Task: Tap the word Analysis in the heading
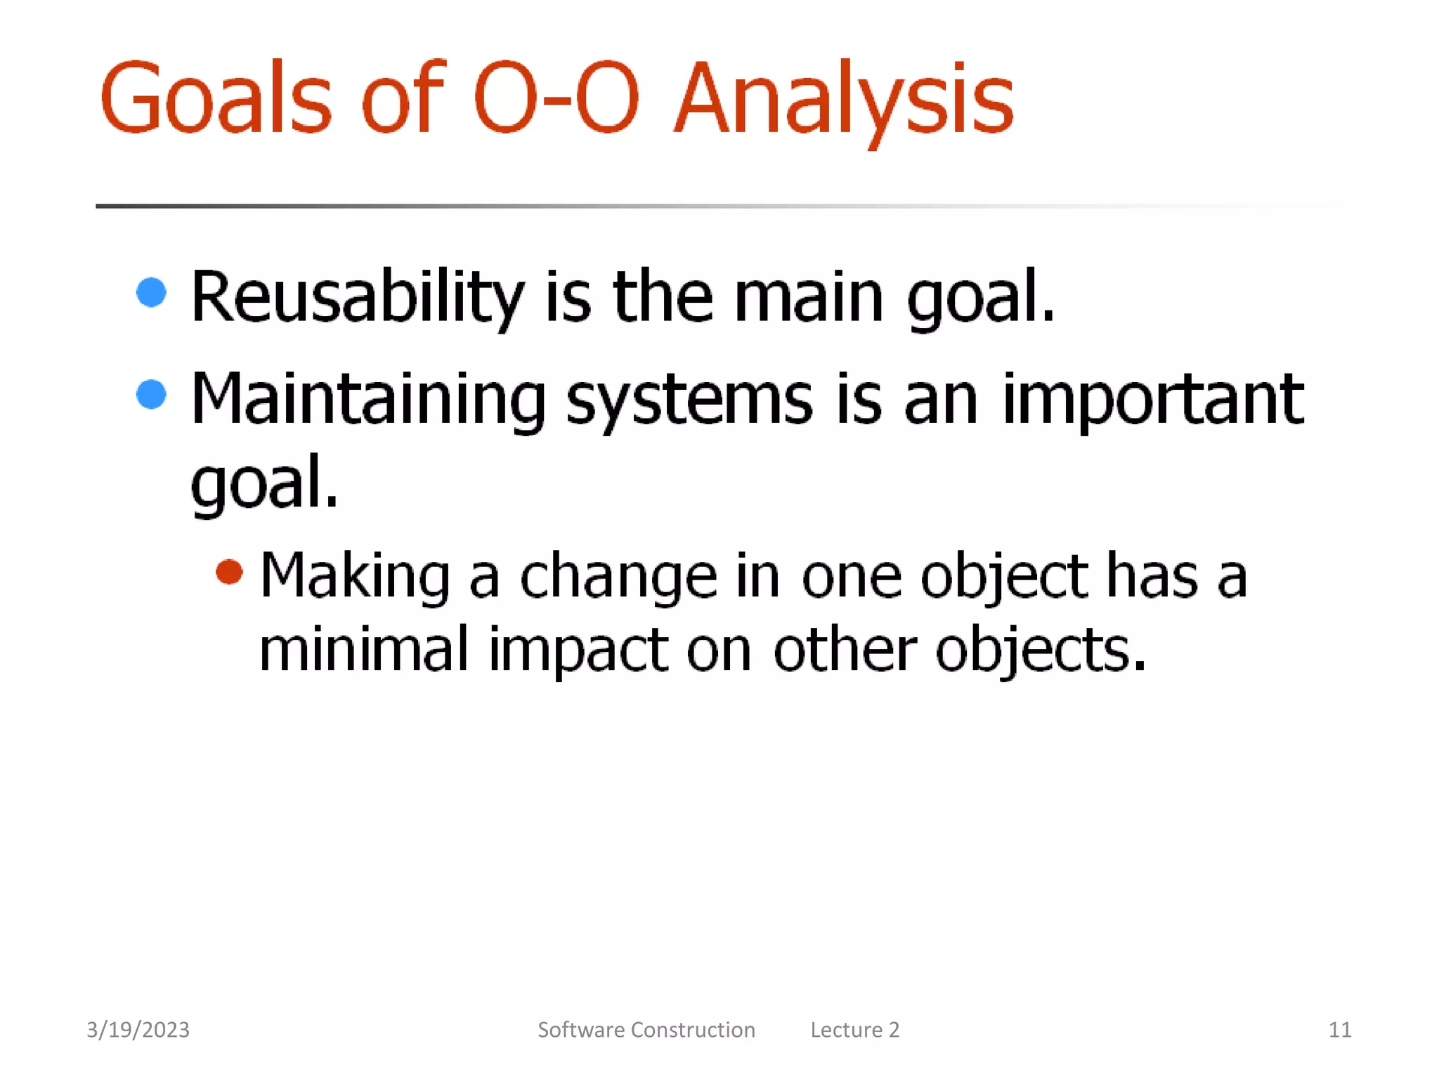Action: click(843, 98)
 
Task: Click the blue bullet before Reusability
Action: click(151, 292)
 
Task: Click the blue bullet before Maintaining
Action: click(151, 394)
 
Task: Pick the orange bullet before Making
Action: click(229, 571)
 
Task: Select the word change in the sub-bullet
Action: click(618, 576)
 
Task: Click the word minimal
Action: click(363, 649)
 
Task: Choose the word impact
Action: click(578, 649)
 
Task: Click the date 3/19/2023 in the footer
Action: click(138, 1029)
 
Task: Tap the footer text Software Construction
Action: click(646, 1029)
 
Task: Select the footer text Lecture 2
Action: click(854, 1029)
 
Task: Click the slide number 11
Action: click(1339, 1029)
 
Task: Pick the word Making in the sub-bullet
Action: click(355, 576)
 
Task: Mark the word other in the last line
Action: click(845, 649)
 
